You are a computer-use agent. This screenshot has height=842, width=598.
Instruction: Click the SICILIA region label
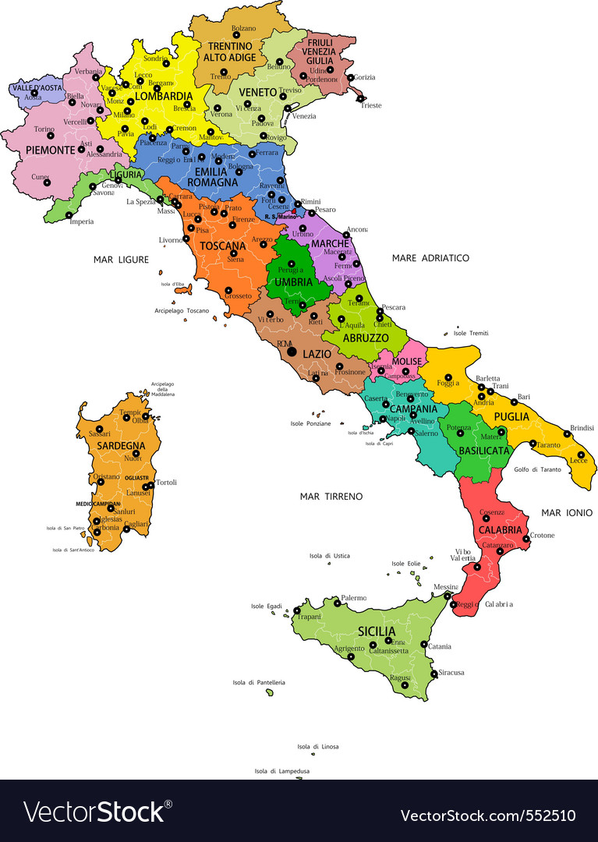[377, 631]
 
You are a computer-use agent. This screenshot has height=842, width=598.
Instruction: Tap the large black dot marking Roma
[292, 352]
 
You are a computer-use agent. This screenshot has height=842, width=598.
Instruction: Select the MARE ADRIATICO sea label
[430, 257]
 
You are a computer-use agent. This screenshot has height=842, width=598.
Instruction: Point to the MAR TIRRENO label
[331, 496]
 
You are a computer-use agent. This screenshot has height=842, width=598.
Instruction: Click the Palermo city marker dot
[337, 603]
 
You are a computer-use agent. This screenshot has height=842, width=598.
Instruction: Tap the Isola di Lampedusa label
[282, 771]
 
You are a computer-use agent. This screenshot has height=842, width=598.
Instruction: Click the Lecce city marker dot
[581, 455]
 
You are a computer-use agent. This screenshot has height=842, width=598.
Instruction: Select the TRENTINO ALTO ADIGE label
[229, 51]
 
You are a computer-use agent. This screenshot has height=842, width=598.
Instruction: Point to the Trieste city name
[370, 105]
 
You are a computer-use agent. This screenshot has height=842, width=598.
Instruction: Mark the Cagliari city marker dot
[126, 529]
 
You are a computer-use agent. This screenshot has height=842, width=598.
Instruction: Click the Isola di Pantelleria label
[259, 682]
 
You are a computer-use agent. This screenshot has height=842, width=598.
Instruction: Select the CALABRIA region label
[500, 529]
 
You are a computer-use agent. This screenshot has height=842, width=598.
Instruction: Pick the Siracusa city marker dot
[434, 673]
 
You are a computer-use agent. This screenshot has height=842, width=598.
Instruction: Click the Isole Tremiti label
[471, 333]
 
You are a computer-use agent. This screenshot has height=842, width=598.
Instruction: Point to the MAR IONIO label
[567, 512]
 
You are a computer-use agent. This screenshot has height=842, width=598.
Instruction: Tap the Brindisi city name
[582, 428]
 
